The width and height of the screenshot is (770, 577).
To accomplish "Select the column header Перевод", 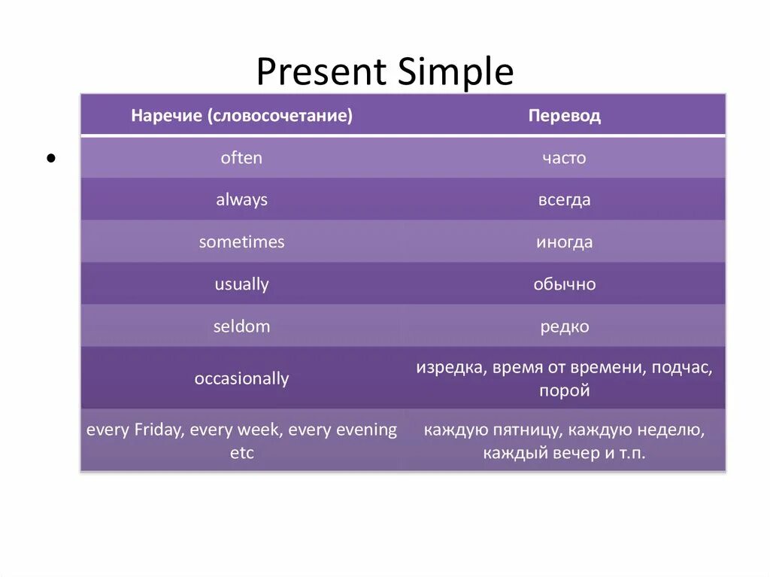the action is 564,116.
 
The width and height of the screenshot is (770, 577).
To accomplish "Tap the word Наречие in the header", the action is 166,116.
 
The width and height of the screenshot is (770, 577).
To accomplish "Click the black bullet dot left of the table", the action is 51,158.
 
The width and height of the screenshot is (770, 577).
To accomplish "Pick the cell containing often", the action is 241,158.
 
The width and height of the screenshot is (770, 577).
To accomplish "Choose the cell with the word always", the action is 241,199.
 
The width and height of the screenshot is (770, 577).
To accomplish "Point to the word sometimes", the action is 241,241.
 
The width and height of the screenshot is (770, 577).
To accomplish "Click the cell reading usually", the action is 241,284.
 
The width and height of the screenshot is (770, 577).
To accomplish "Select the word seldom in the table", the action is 241,326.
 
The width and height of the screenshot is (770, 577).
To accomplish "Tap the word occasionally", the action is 241,378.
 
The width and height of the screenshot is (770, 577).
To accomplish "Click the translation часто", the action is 564,158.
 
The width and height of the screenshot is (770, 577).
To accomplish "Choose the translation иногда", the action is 564,242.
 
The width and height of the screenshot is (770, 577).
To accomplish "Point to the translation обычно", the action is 565,284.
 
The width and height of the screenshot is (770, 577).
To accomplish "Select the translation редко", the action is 565,326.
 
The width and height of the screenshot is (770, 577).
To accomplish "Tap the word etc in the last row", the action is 242,453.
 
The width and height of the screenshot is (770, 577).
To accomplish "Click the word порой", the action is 565,390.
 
